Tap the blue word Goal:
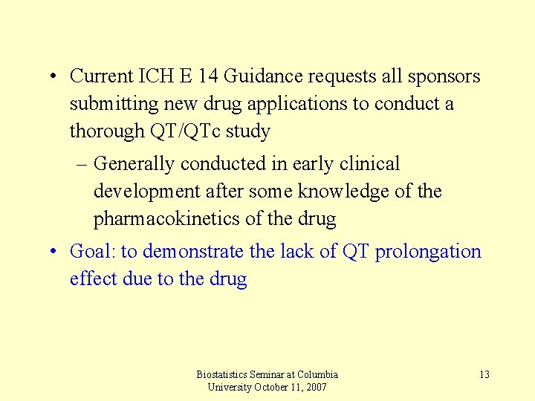[x=93, y=252]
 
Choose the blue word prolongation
[x=428, y=252]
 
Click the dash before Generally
[x=81, y=164]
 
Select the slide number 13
[x=484, y=374]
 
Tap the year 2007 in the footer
[x=314, y=388]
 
